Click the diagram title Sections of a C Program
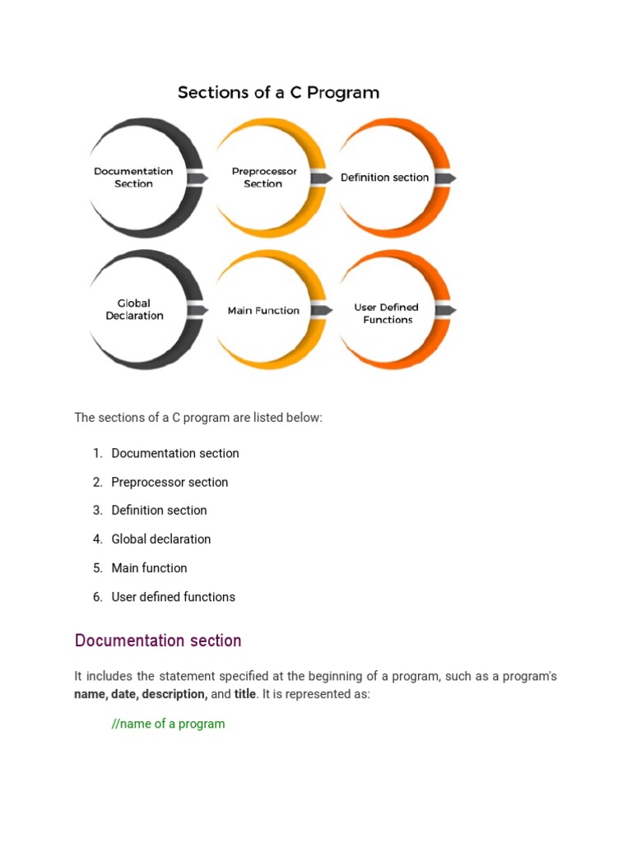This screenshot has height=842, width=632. pyautogui.click(x=278, y=92)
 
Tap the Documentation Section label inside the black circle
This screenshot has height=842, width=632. pyautogui.click(x=133, y=178)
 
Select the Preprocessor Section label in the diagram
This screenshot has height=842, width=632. pyautogui.click(x=263, y=178)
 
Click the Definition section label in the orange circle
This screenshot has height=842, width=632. pyautogui.click(x=384, y=178)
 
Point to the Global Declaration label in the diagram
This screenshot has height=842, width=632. pyautogui.click(x=134, y=309)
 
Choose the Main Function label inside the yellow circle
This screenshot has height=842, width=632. pyautogui.click(x=263, y=311)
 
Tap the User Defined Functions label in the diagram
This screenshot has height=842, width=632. pyautogui.click(x=387, y=313)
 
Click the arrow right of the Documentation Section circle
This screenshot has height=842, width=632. pyautogui.click(x=197, y=178)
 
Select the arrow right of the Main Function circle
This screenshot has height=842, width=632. pyautogui.click(x=322, y=310)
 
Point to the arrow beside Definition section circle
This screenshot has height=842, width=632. pyautogui.click(x=445, y=178)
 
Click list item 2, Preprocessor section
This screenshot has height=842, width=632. pyautogui.click(x=170, y=482)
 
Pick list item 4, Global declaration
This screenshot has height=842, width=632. pyautogui.click(x=161, y=539)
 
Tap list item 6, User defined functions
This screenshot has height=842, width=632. pyautogui.click(x=174, y=597)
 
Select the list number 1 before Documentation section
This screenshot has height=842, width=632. pyautogui.click(x=97, y=453)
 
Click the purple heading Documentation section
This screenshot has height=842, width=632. pyautogui.click(x=158, y=641)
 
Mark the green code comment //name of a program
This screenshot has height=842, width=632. pyautogui.click(x=168, y=724)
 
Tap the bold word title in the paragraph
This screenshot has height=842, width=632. pyautogui.click(x=245, y=694)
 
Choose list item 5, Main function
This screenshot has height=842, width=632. pyautogui.click(x=149, y=568)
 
